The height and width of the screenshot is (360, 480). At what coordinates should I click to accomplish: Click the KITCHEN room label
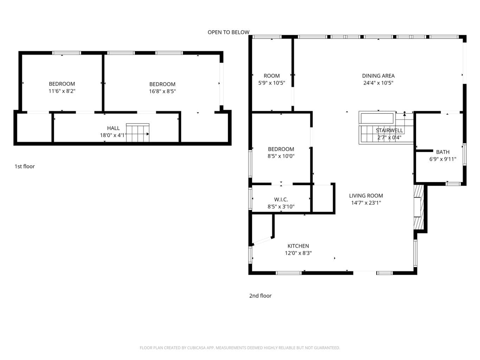[x=298, y=246]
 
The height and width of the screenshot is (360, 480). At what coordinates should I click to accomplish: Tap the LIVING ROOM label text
[x=366, y=195]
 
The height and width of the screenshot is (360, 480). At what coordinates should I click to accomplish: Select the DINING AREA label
[x=378, y=76]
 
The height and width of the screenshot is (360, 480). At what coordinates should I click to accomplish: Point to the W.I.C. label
[x=281, y=200]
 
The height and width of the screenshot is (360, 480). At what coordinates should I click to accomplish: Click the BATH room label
[x=443, y=152]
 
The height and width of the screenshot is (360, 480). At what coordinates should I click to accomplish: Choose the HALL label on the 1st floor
[x=113, y=128]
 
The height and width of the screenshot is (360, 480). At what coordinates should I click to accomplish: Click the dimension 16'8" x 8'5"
[x=162, y=91]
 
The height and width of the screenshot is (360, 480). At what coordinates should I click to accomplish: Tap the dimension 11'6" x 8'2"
[x=62, y=91]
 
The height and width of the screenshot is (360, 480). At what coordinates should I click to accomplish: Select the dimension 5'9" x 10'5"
[x=271, y=83]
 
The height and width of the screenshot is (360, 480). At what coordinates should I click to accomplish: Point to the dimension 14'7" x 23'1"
[x=366, y=203]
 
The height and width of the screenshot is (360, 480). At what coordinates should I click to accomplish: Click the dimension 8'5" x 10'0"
[x=281, y=156]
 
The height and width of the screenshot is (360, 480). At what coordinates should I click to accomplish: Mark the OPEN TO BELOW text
[x=228, y=32]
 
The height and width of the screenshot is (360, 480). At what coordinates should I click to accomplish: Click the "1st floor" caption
[x=25, y=167]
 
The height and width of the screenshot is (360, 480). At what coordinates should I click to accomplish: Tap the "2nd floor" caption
[x=260, y=296]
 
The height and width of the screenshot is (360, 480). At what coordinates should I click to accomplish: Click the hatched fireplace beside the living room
[x=418, y=207]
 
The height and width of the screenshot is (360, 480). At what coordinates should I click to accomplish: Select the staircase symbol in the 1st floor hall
[x=137, y=133]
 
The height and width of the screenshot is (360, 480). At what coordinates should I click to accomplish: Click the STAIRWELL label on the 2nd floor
[x=389, y=130]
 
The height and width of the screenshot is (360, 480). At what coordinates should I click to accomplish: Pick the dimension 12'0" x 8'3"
[x=298, y=253]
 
